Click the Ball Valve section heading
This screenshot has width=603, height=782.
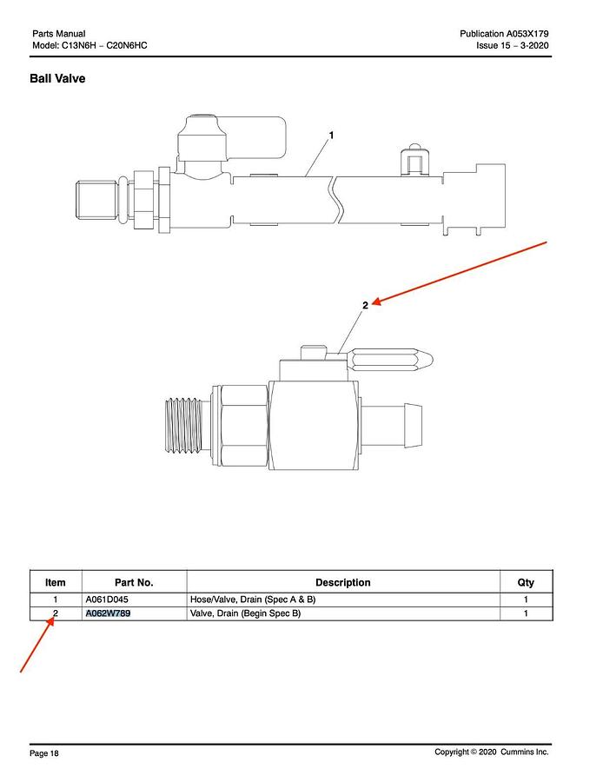tap(57, 79)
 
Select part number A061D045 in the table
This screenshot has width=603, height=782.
tap(107, 600)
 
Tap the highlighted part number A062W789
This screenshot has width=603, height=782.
tap(109, 613)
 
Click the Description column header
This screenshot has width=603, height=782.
tap(343, 582)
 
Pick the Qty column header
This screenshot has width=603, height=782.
tap(526, 582)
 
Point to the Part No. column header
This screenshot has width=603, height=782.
tap(134, 582)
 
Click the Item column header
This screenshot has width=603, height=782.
tap(56, 582)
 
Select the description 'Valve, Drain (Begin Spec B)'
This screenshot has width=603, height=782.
tap(245, 613)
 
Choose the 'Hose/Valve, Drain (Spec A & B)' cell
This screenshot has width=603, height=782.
tap(253, 600)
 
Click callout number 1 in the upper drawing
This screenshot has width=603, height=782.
tap(331, 136)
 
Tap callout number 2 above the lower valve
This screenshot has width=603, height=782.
tap(365, 305)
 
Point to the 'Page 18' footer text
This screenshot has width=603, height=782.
tap(44, 753)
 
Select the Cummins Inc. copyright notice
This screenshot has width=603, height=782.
tap(491, 752)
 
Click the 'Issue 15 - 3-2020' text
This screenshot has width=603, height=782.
tap(513, 45)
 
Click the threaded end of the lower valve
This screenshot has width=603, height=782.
tap(183, 426)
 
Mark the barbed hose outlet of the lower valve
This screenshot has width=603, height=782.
tap(391, 426)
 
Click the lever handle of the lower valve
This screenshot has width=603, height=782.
tap(389, 360)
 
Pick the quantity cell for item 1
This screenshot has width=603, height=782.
tap(526, 600)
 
